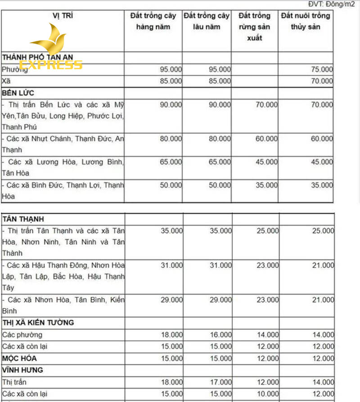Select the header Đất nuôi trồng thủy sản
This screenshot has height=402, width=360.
pyautogui.click(x=306, y=21)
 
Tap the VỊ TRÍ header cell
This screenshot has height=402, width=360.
pyautogui.click(x=63, y=16)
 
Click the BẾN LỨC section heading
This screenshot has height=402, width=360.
pyautogui.click(x=18, y=93)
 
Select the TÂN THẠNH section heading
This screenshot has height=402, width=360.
pyautogui.click(x=23, y=219)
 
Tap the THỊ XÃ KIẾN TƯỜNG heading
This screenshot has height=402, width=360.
pyautogui.click(x=38, y=323)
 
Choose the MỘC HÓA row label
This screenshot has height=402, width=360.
pyautogui.click(x=20, y=358)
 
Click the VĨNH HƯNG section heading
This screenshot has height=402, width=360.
pyautogui.click(x=23, y=370)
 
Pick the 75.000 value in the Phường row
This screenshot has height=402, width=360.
pyautogui.click(x=323, y=69)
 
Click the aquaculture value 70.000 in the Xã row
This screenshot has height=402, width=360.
pyautogui.click(x=323, y=81)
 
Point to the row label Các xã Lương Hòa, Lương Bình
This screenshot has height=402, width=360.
pyautogui.click(x=63, y=162)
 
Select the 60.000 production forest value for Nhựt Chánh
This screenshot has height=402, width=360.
pyautogui.click(x=267, y=139)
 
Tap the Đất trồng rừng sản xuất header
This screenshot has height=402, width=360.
pyautogui.click(x=254, y=27)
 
